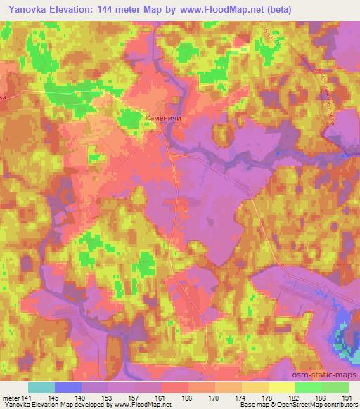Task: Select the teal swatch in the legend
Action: [x=41, y=387]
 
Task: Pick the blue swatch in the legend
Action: [x=68, y=387]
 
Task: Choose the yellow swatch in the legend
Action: [x=282, y=387]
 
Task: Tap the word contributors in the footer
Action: [x=342, y=405]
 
